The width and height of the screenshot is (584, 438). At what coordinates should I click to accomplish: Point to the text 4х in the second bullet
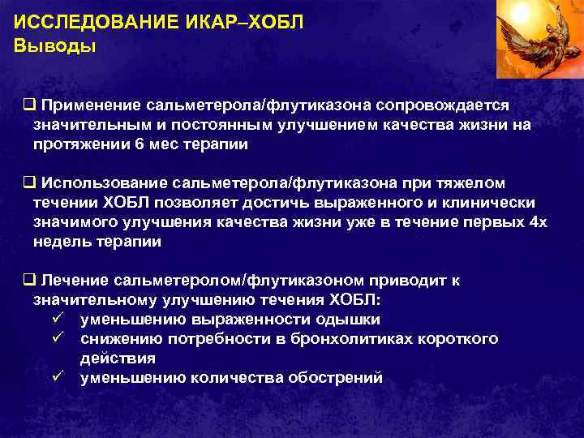(538, 222)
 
